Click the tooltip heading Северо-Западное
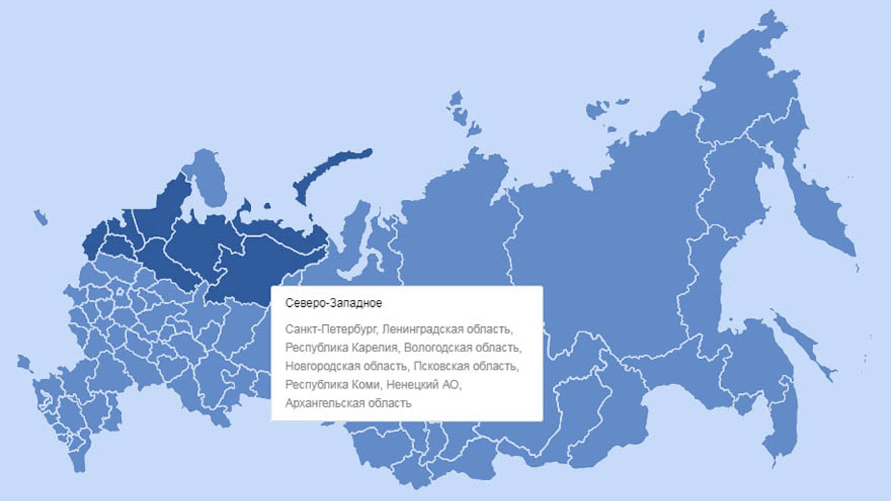click(324, 303)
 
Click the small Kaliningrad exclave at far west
click(40, 218)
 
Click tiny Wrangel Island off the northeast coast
click(700, 35)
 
